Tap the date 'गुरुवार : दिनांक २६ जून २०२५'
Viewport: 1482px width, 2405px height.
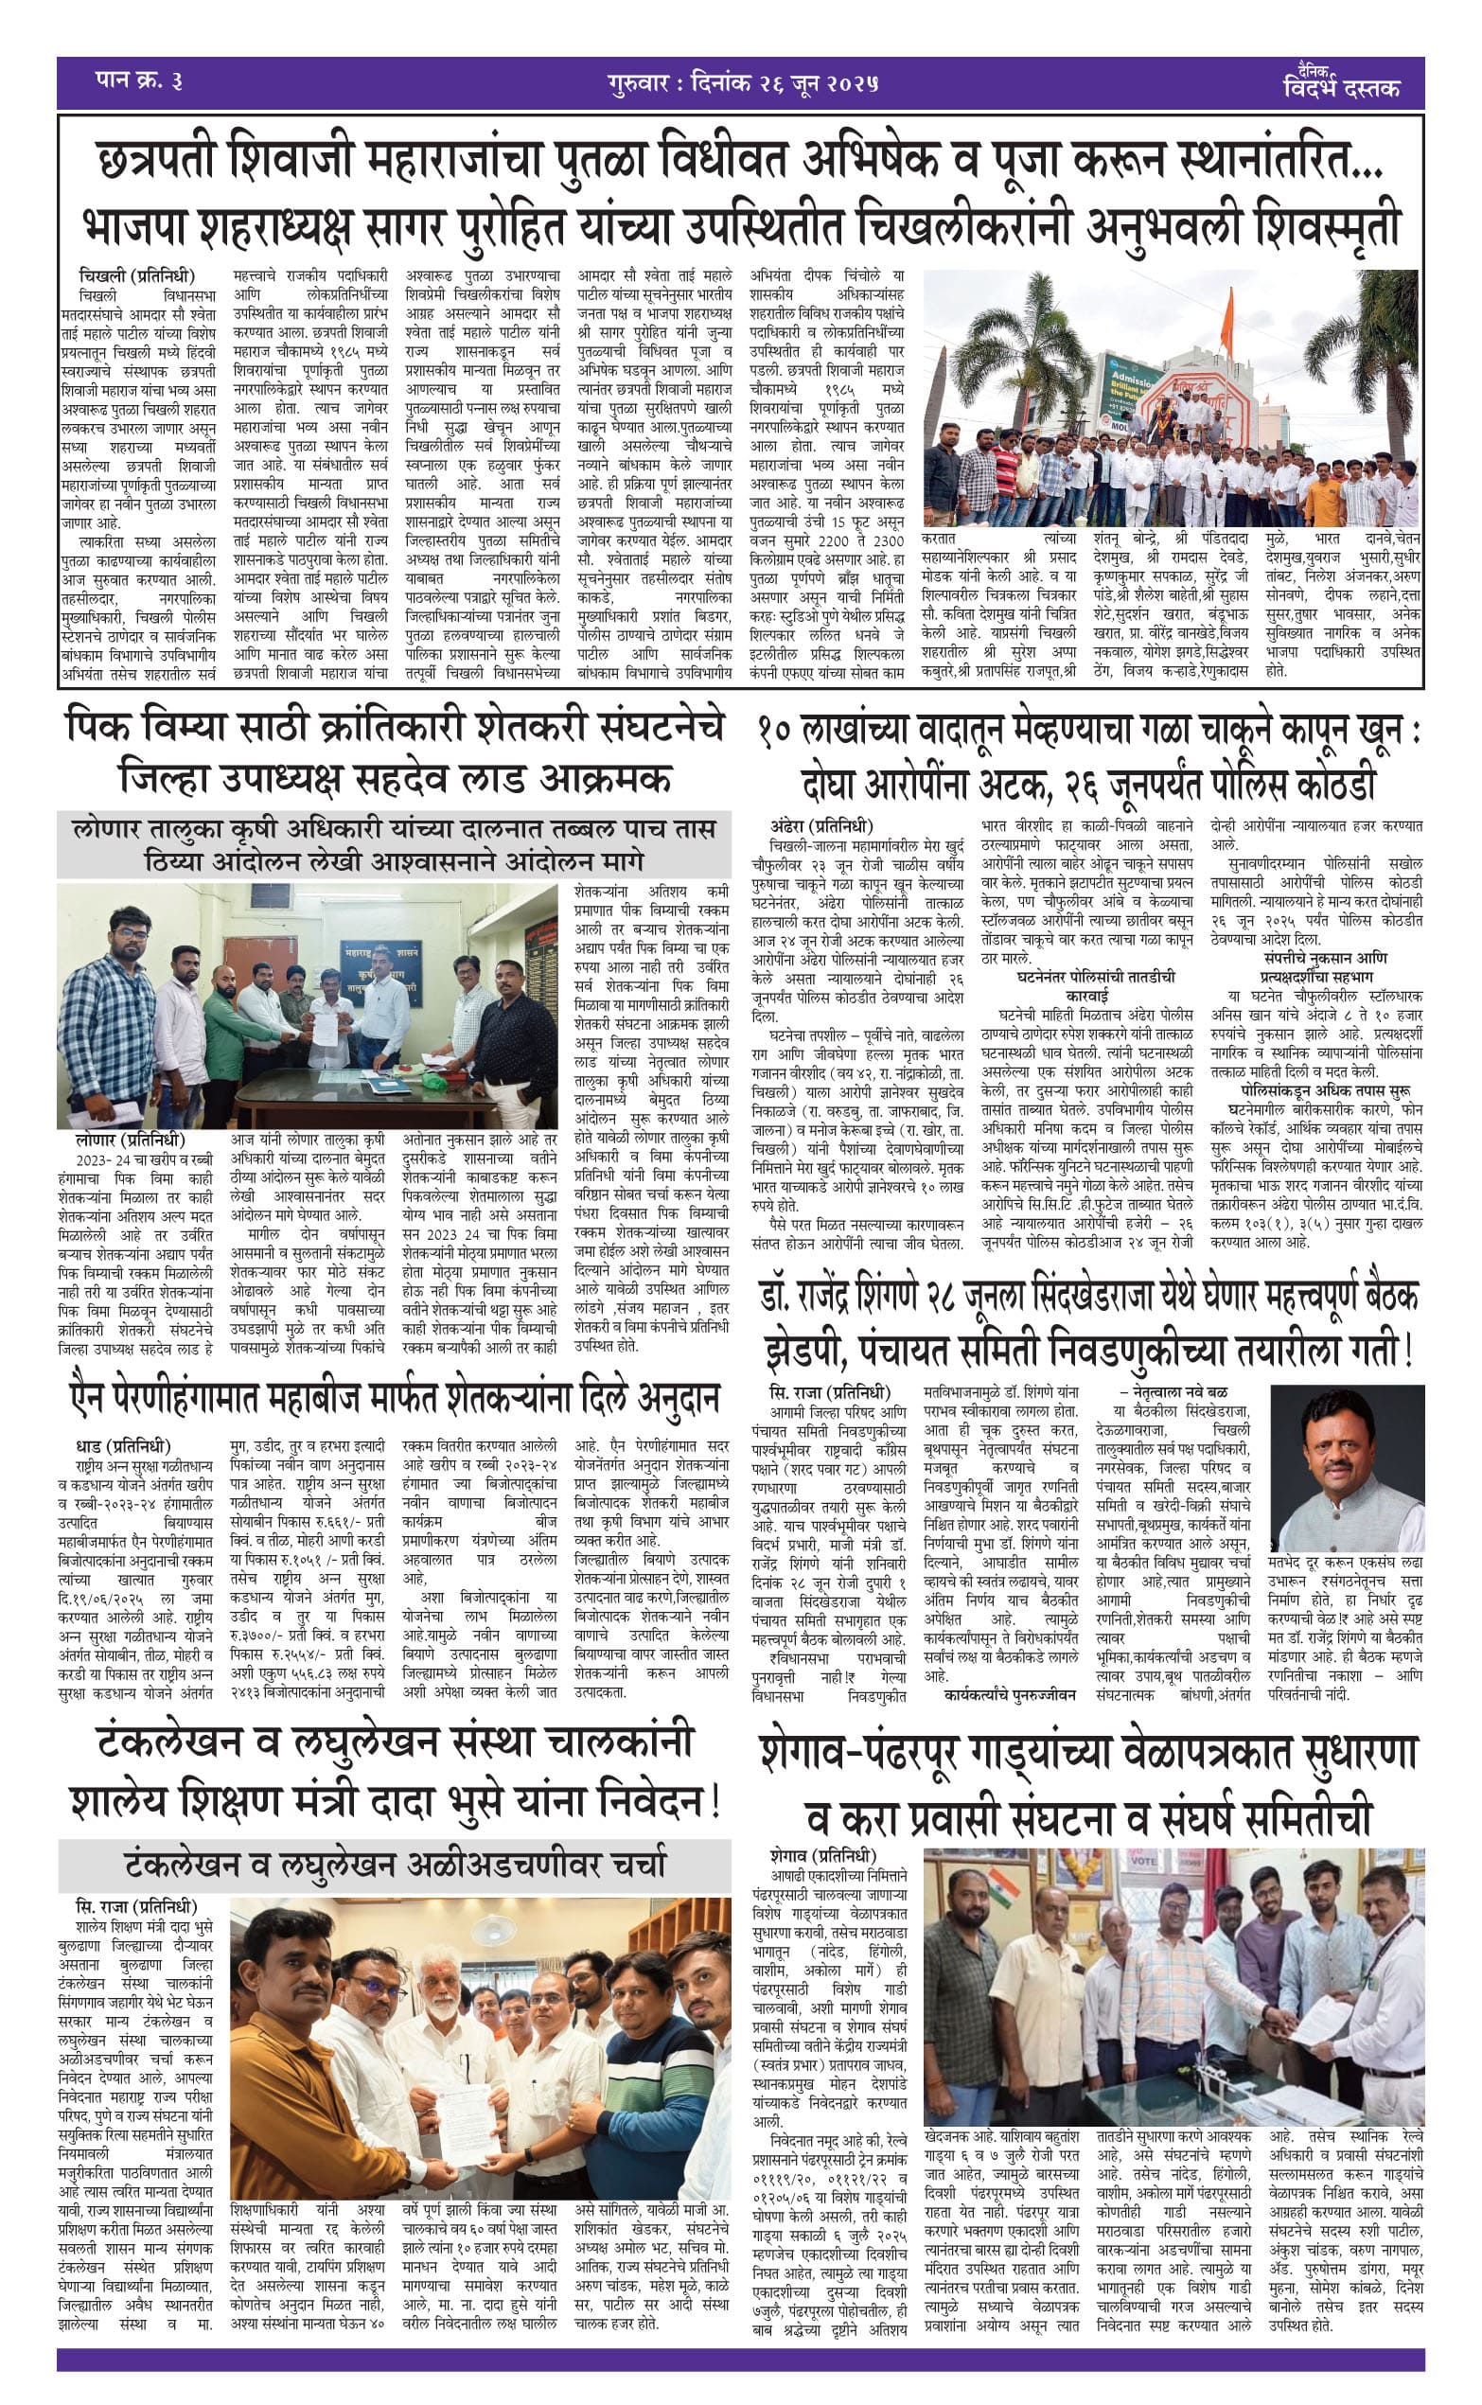click(x=742, y=83)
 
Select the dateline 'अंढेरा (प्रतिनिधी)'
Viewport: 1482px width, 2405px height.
click(x=820, y=825)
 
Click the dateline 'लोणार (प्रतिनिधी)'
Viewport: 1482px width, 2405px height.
click(x=130, y=1140)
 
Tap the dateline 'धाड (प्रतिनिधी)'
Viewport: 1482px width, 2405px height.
click(x=122, y=1446)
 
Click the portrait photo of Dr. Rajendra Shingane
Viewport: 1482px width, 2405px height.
click(x=1346, y=1466)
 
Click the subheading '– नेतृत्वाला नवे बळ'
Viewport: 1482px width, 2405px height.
click(x=1173, y=1391)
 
